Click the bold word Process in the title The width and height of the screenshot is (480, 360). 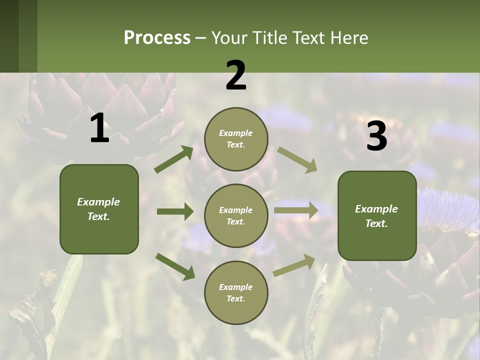(x=157, y=38)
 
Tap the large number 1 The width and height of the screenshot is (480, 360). (x=99, y=129)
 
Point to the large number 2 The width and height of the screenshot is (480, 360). (x=236, y=75)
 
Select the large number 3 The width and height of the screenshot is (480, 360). (x=376, y=136)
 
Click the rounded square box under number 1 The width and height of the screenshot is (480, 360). (x=99, y=209)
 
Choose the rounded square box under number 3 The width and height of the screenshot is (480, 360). (x=377, y=215)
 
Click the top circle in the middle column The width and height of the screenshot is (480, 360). (x=236, y=139)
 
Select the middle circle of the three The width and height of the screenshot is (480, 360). (x=236, y=215)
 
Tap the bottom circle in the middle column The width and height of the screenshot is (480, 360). (x=236, y=292)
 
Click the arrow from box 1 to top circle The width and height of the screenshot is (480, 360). (x=174, y=159)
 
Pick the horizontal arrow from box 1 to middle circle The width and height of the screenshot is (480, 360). (x=175, y=211)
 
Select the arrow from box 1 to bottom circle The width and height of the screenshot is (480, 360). (x=175, y=266)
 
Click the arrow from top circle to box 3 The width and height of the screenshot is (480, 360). (x=297, y=160)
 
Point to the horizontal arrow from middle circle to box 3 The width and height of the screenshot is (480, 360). (x=296, y=210)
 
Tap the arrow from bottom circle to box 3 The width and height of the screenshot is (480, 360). (x=294, y=265)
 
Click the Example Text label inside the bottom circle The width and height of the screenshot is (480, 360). (x=236, y=293)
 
